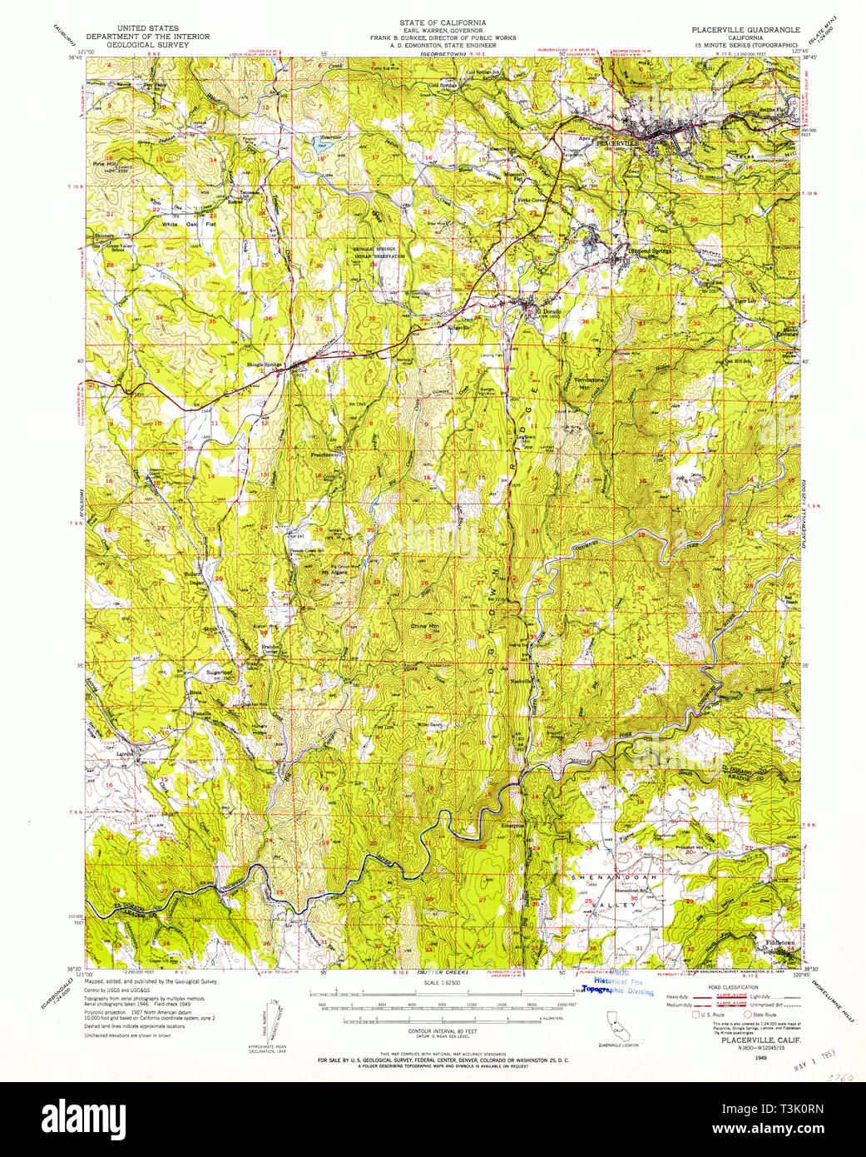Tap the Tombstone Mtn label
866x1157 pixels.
click(x=589, y=384)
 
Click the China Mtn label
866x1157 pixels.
click(x=424, y=625)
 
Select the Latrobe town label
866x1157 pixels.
click(x=126, y=754)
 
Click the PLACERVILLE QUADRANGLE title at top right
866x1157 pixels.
click(x=745, y=29)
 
